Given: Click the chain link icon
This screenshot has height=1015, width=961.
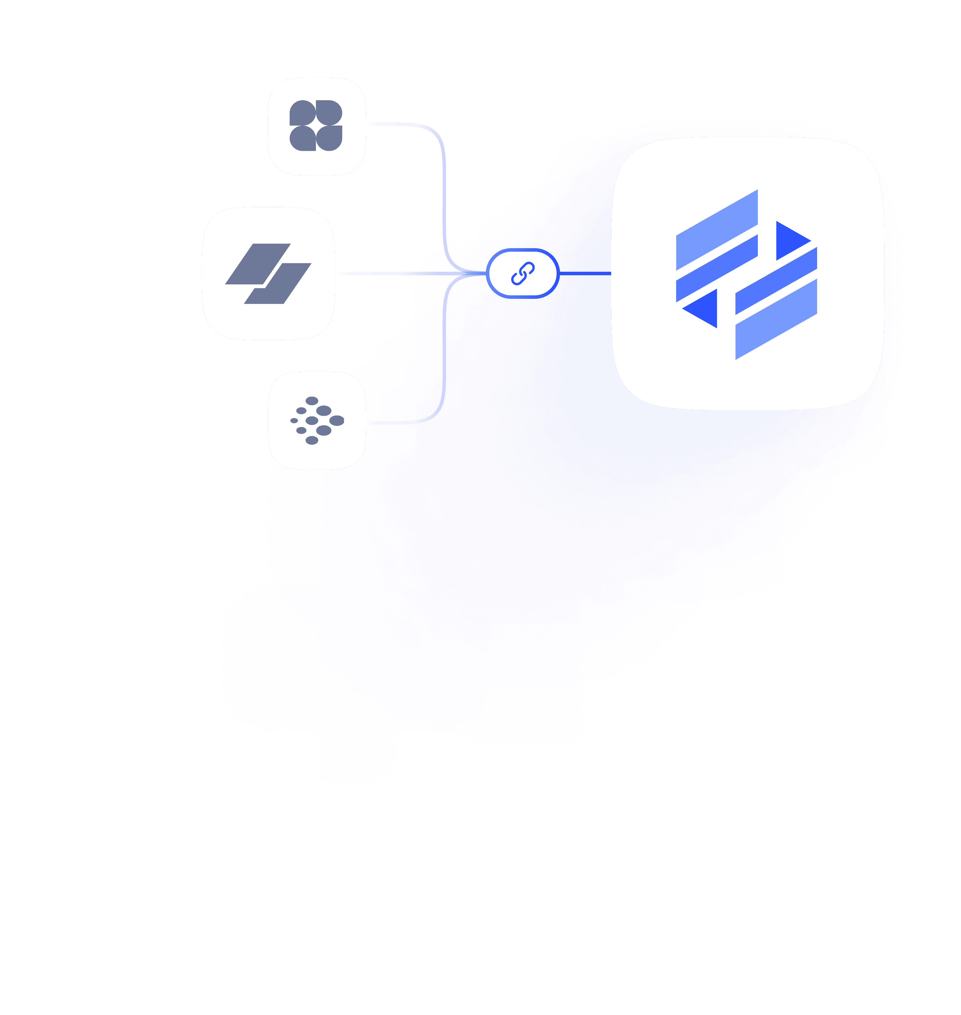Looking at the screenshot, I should pyautogui.click(x=522, y=273).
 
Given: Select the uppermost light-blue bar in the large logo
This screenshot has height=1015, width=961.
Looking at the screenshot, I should pyautogui.click(x=717, y=230).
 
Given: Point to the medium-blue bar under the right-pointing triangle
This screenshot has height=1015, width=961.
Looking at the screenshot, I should pyautogui.click(x=776, y=281).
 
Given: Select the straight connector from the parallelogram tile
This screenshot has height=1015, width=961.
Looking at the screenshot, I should pyautogui.click(x=410, y=273).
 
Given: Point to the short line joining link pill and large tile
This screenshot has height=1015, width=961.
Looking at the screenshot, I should pyautogui.click(x=584, y=273).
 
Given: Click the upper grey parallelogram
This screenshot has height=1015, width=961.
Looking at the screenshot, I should pyautogui.click(x=258, y=263).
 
